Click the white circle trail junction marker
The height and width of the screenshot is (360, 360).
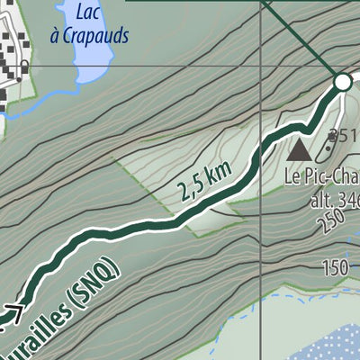coord(342,83)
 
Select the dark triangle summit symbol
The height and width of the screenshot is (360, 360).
coord(300,146)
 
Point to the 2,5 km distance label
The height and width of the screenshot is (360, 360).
coord(205,180)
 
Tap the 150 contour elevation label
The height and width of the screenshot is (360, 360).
coord(335,267)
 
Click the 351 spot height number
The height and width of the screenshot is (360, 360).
coord(343,136)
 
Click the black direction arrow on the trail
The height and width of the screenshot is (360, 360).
coord(13,313)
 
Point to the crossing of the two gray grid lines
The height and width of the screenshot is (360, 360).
coord(260,65)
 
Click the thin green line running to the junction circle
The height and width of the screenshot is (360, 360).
coord(301,40)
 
